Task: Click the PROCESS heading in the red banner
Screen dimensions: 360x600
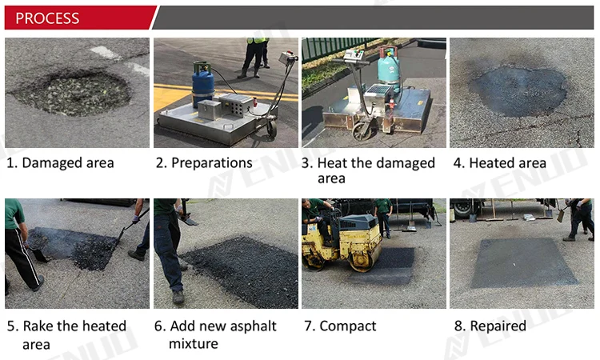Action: coord(48,18)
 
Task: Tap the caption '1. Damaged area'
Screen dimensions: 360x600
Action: coord(60,163)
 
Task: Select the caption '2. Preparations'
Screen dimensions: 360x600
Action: coord(204,163)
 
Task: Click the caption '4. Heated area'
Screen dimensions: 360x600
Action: coord(500,163)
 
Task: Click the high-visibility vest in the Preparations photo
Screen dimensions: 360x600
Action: coord(258,40)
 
